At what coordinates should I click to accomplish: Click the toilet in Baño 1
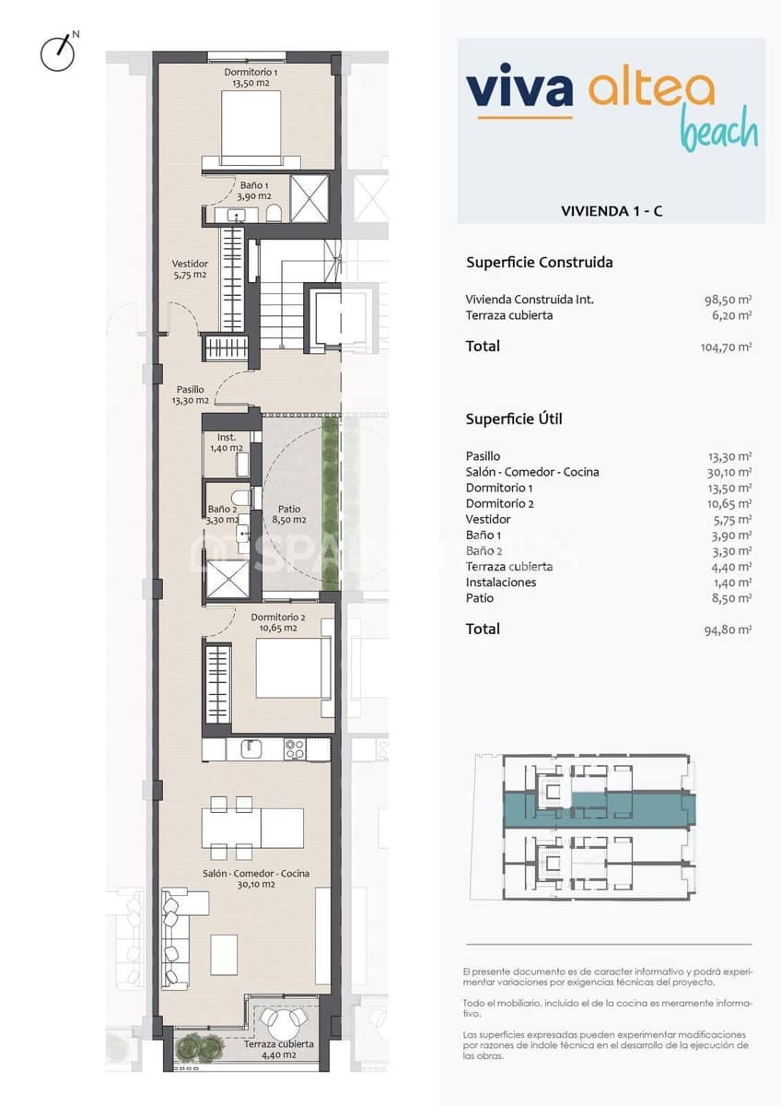[x=274, y=214]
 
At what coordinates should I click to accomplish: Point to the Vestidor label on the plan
[x=190, y=269]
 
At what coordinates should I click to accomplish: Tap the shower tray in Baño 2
[x=227, y=579]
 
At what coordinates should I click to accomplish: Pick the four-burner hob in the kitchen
[x=295, y=749]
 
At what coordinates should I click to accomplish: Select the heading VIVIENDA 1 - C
[x=612, y=211]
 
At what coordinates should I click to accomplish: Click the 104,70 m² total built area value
[x=726, y=347]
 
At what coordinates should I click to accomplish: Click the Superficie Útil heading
[x=514, y=419]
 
